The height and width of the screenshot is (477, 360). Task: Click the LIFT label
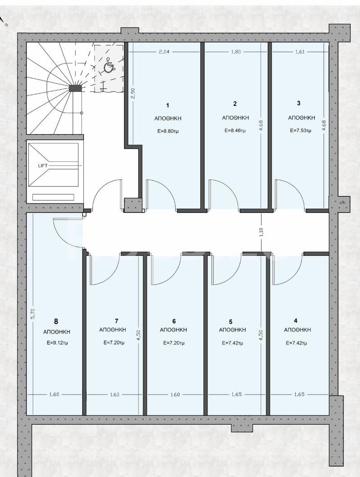coord(43,166)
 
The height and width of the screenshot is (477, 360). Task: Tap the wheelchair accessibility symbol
coord(108,67)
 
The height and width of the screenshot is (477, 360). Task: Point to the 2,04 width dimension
coord(164,52)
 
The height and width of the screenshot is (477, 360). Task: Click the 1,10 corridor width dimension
coord(261,233)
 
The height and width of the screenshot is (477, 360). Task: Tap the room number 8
coord(56,322)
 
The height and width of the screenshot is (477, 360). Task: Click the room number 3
coord(299,103)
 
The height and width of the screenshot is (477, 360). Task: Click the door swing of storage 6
coord(165,269)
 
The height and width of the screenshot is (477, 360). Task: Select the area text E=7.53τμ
coord(301,131)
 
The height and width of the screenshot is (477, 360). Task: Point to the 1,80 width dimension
coord(236,52)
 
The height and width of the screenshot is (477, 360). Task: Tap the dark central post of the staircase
coord(76,88)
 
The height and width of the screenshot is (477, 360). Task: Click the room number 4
coord(295,321)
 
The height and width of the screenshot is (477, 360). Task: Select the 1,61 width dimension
coord(300,52)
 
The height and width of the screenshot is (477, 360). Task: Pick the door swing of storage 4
coord(286,269)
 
